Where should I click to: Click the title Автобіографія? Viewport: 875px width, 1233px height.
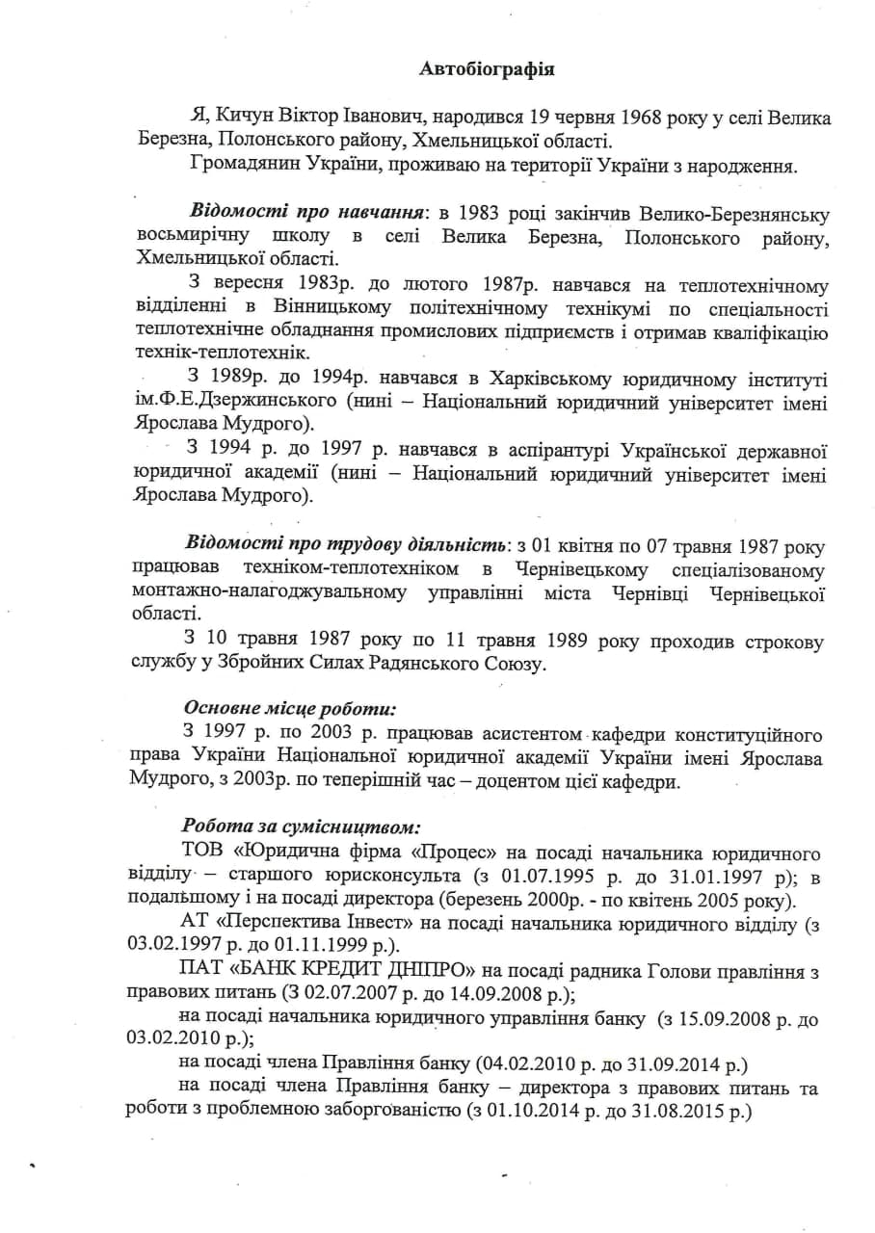tap(487, 68)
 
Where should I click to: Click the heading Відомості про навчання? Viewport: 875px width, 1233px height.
tap(306, 212)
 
